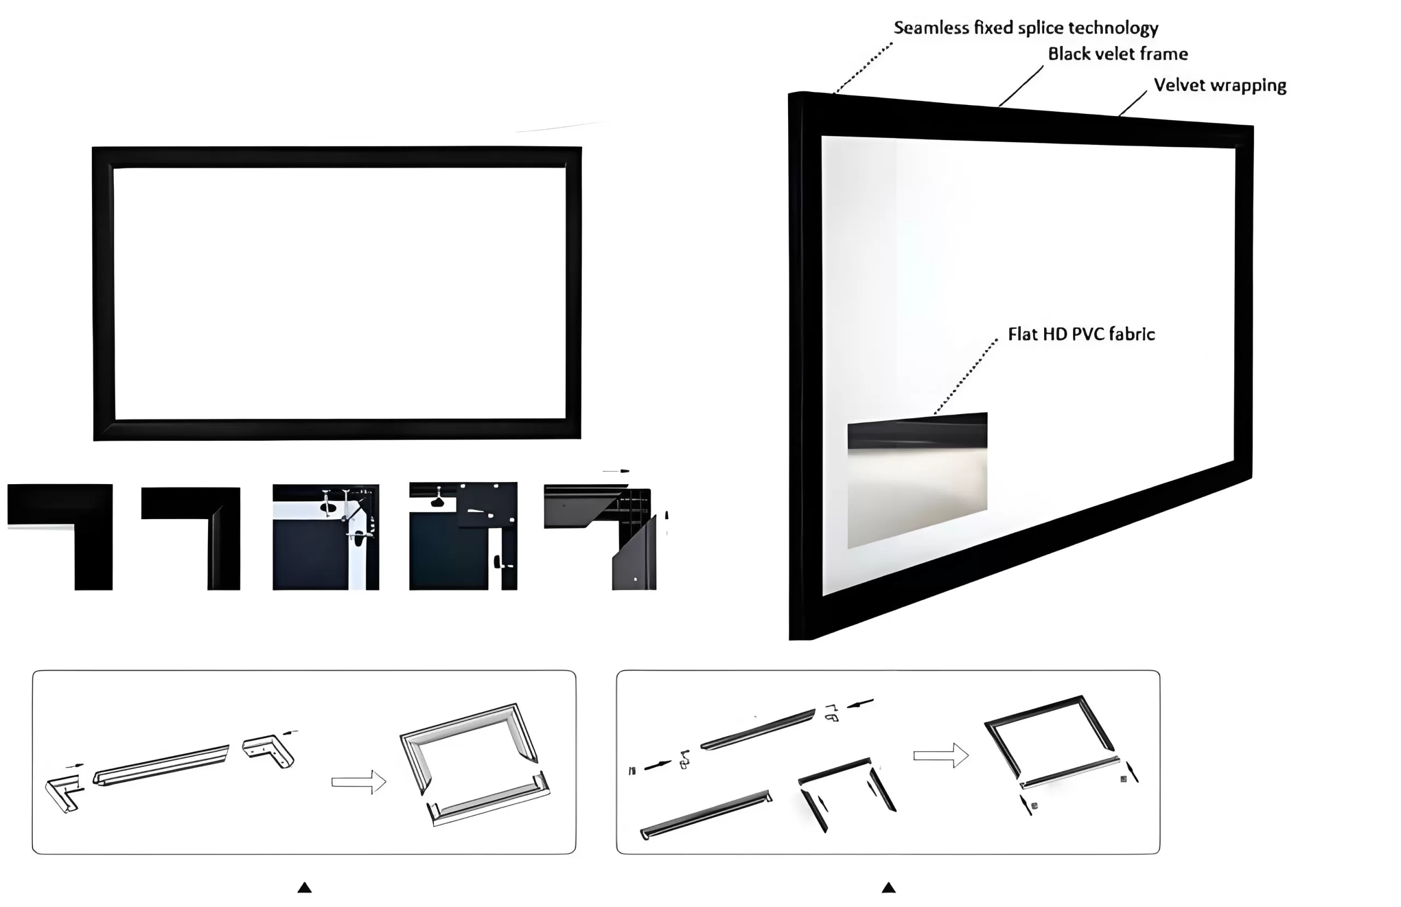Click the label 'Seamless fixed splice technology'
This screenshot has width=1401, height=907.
[x=1026, y=28]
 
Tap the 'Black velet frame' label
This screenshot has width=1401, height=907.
[x=1118, y=54]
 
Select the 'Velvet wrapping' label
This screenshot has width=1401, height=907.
[x=1220, y=85]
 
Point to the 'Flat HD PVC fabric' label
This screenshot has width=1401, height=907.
[x=1081, y=334]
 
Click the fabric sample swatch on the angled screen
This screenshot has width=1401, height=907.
[x=917, y=480]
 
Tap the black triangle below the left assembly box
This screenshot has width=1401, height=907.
[x=304, y=887]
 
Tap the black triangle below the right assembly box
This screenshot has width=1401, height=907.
[x=888, y=887]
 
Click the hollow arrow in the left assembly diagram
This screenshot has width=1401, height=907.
[x=358, y=782]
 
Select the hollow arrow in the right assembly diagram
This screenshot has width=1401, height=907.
[x=941, y=755]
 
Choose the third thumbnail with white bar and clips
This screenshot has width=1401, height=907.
[x=326, y=537]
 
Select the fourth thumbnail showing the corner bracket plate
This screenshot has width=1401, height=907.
[x=464, y=536]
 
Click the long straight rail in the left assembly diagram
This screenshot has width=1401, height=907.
[x=161, y=765]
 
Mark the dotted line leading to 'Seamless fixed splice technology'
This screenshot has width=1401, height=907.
[x=863, y=68]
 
